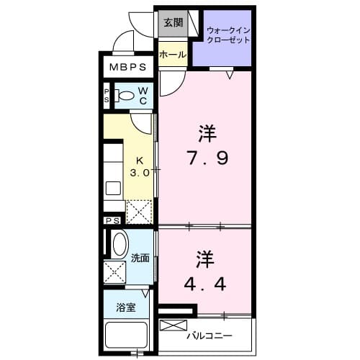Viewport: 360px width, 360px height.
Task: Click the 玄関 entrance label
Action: pos(172,22)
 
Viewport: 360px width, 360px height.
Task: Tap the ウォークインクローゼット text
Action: pos(228,35)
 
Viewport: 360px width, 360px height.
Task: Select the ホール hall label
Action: pos(173,55)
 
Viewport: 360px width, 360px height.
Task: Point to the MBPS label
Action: pos(129,68)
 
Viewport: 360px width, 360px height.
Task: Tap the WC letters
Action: pos(143,95)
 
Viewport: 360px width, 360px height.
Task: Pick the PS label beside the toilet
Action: pos(107,95)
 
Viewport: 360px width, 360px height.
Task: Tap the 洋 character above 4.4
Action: pos(204,258)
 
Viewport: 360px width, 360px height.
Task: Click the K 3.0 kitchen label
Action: pos(140,167)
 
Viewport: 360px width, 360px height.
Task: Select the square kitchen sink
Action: pos(113,188)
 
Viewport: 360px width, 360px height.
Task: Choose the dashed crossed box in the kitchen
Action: pos(139,210)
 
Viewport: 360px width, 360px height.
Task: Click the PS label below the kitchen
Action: pos(112,221)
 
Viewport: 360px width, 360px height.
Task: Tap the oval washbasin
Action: pos(119,245)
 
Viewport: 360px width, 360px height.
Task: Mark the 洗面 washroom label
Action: pos(140,258)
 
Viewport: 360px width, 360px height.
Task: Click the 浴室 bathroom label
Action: pos(126,308)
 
